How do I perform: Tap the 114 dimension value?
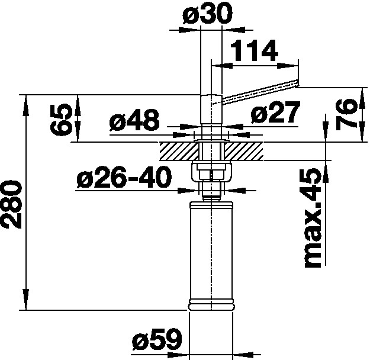[254, 53]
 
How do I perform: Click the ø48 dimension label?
[134, 122]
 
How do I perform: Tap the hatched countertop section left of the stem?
[176, 151]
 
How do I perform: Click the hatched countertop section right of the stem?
[245, 151]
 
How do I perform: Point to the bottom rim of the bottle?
[212, 306]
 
